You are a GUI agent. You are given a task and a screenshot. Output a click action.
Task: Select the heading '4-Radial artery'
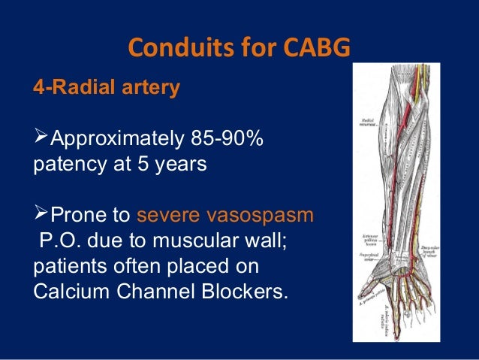click(x=107, y=88)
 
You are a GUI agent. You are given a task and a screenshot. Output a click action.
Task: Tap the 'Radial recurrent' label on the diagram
click(x=369, y=122)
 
